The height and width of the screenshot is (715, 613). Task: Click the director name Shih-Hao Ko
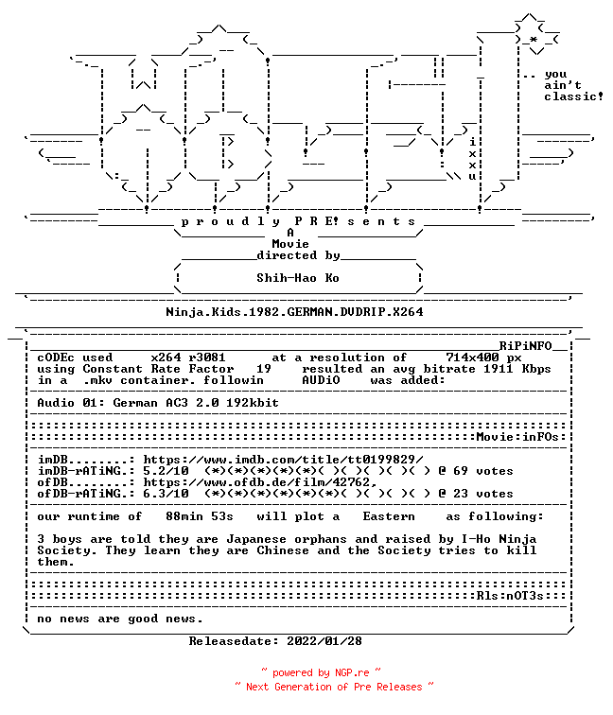pyautogui.click(x=298, y=278)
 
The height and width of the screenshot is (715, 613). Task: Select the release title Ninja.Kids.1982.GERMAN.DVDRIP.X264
pyautogui.click(x=294, y=312)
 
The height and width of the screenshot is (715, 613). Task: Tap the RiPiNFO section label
pyautogui.click(x=525, y=345)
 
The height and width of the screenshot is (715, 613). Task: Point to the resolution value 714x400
pyautogui.click(x=473, y=357)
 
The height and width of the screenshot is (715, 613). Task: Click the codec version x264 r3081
pyautogui.click(x=188, y=357)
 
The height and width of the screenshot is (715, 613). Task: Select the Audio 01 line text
pyautogui.click(x=158, y=403)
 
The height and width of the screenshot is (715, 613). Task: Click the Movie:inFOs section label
pyautogui.click(x=517, y=437)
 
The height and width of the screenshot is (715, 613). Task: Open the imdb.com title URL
pyautogui.click(x=283, y=460)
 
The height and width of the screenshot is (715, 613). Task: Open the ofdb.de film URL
pyautogui.click(x=260, y=482)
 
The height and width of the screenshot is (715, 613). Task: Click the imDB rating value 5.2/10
pyautogui.click(x=166, y=471)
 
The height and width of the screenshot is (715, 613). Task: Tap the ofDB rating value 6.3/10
pyautogui.click(x=166, y=494)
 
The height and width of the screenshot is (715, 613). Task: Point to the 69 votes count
pyautogui.click(x=483, y=471)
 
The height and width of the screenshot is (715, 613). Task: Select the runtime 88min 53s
pyautogui.click(x=200, y=516)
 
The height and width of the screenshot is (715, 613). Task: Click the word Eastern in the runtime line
pyautogui.click(x=389, y=516)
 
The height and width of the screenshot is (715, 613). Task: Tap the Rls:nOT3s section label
pyautogui.click(x=511, y=596)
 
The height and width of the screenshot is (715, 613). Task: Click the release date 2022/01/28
pyautogui.click(x=324, y=641)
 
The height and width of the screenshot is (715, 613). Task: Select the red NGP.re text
pyautogui.click(x=352, y=672)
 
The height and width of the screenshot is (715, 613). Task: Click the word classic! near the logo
pyautogui.click(x=573, y=96)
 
